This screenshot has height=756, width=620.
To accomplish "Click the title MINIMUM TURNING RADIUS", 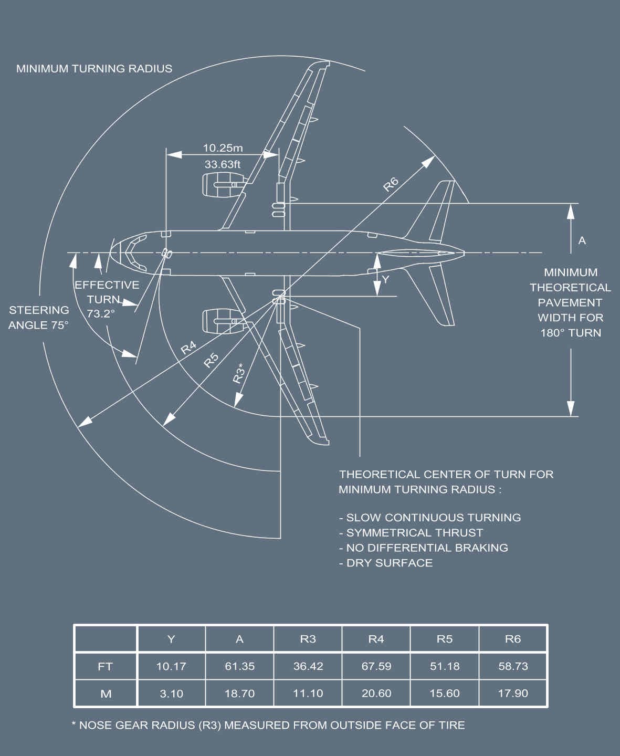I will coord(94,69).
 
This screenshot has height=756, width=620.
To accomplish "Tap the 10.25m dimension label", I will coord(223,148).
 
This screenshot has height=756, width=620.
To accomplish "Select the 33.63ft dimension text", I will coord(223,164).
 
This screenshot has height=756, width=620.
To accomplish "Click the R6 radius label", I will coord(391,184).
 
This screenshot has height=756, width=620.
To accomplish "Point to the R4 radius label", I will coord(188,348).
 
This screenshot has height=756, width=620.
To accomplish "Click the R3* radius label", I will coord(239,373).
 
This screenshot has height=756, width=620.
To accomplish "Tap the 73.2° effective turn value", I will coord(101,313).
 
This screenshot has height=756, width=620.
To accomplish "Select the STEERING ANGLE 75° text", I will coord(38,318).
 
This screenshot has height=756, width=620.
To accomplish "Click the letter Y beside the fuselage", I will coord(386,279).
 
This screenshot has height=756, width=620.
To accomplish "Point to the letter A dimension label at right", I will coord(582,240).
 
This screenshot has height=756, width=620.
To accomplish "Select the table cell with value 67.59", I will coord(376,666).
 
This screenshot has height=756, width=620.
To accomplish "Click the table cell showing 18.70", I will coord(239,694).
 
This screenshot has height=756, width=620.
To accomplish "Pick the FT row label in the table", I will coord(106,666).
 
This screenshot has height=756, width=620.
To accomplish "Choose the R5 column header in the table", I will coord(445,639).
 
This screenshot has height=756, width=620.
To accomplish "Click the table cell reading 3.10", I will coord(171,694).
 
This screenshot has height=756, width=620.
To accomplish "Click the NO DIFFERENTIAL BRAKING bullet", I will coord(424,548).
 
